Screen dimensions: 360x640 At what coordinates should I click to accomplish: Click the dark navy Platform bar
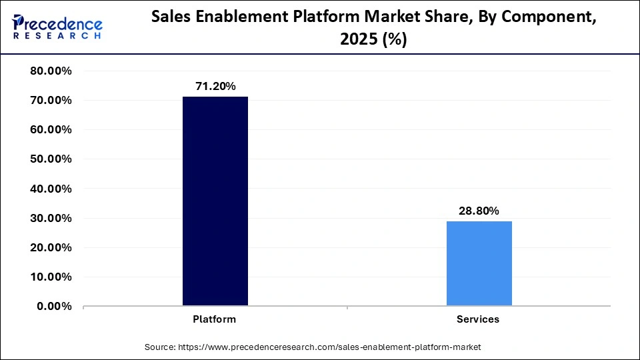click(215, 201)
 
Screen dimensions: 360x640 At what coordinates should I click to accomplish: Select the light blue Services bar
click(479, 263)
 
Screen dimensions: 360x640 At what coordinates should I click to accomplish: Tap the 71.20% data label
click(215, 86)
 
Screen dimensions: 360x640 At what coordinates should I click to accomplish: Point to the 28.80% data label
click(479, 211)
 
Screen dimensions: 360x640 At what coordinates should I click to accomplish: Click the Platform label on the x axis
click(215, 319)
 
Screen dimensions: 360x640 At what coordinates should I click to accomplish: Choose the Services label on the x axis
click(478, 319)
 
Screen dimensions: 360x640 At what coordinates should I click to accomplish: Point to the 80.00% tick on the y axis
click(51, 71)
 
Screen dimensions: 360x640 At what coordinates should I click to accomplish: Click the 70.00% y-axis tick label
click(51, 101)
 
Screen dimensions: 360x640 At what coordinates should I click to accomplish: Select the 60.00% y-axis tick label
click(51, 130)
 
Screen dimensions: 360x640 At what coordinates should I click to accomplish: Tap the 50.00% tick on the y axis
click(51, 159)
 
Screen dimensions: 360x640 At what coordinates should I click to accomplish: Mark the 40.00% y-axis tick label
click(51, 189)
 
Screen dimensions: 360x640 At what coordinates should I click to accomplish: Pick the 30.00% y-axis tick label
click(51, 218)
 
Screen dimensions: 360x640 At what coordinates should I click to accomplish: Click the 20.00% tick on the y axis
click(51, 247)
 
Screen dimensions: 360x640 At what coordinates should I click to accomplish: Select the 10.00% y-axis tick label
click(51, 277)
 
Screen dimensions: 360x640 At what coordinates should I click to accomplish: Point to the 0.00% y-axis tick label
click(54, 306)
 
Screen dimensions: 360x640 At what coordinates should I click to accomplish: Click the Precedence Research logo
click(57, 27)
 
